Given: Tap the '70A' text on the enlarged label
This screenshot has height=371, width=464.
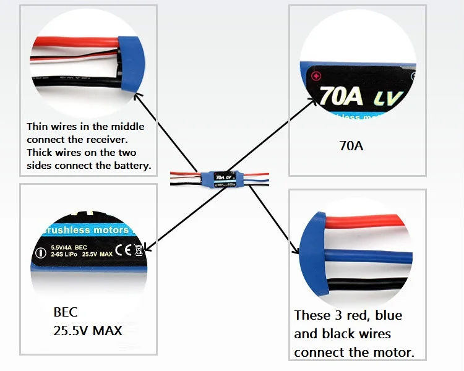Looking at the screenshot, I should coord(342,96).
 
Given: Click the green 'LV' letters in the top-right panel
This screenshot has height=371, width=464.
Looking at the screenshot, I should coord(388,98).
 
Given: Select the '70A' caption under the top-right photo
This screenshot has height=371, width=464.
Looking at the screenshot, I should coord(351,147).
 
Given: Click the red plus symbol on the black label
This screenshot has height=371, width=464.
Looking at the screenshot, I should coord(316,77).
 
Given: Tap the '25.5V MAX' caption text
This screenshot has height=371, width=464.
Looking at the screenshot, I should coord(87,330).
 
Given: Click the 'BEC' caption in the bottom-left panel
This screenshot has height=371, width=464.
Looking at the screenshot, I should coord(66,312).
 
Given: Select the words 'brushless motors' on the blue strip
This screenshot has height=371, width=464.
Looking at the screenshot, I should coord(85,230).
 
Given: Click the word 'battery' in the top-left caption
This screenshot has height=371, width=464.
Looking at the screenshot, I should coord(131,166).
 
